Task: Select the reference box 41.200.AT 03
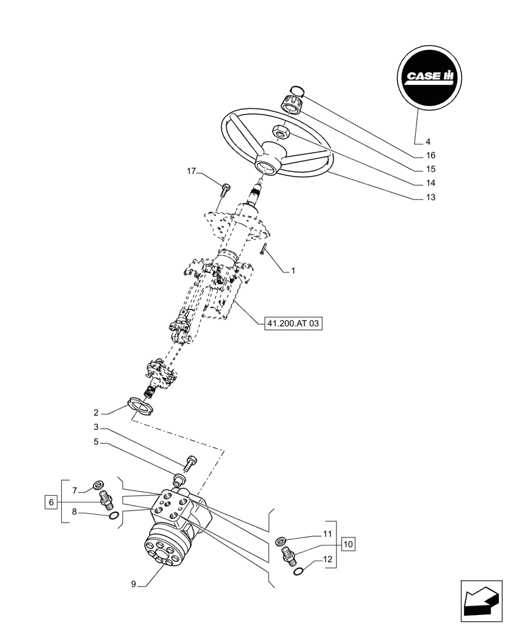pyautogui.click(x=291, y=324)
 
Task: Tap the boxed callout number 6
pyautogui.click(x=52, y=501)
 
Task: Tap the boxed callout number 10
pyautogui.click(x=348, y=544)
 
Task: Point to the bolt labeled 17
pyautogui.click(x=225, y=186)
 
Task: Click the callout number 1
pyautogui.click(x=293, y=271)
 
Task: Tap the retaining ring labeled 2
pyautogui.click(x=142, y=407)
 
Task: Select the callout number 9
pyautogui.click(x=133, y=584)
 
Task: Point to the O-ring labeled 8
pyautogui.click(x=112, y=515)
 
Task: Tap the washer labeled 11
pyautogui.click(x=282, y=541)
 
